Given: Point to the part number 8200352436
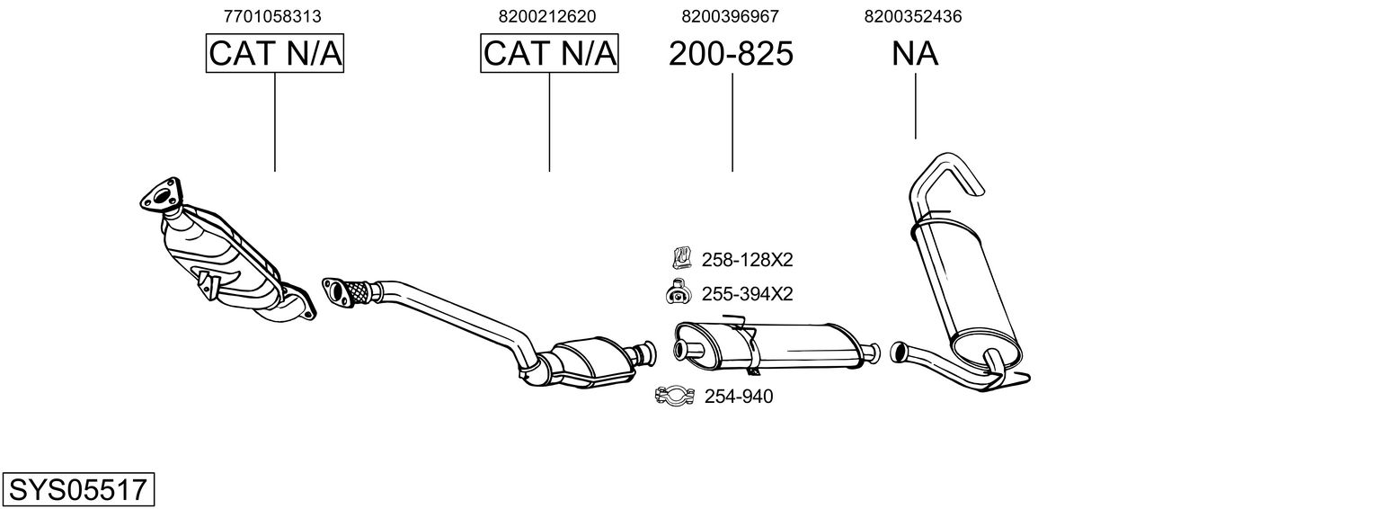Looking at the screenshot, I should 913,16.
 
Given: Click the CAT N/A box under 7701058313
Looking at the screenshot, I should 275,54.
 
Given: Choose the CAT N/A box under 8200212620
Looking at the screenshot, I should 549,54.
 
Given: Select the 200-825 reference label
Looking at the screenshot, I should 731,54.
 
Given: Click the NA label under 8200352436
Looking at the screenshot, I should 915,54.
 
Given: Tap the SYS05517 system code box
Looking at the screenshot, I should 77,490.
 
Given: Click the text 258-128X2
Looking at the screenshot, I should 747,260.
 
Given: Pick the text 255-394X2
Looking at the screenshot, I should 747,294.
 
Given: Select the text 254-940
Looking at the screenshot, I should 738,397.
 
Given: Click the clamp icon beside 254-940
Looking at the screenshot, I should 674,396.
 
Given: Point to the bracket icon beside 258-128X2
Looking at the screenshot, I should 680,259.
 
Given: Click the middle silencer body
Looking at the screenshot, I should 773,344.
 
